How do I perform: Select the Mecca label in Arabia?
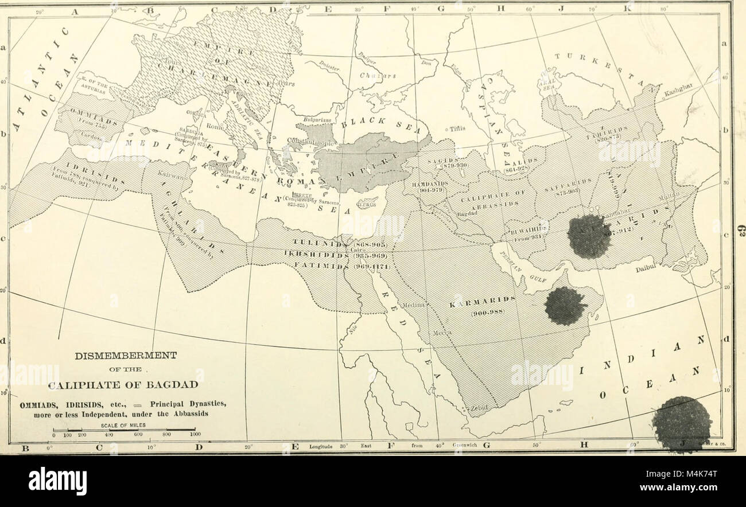[x=441, y=332]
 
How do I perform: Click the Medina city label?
[x=414, y=306]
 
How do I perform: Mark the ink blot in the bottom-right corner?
[x=682, y=423]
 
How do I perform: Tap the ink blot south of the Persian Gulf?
[x=566, y=305]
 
